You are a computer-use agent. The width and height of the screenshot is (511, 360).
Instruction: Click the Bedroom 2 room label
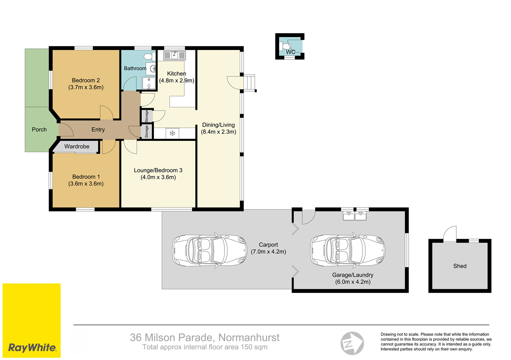point(86,80)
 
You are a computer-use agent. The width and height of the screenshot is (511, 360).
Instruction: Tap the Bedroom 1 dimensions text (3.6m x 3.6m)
point(86,184)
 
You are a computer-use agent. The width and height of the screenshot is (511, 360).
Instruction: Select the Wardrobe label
point(77,146)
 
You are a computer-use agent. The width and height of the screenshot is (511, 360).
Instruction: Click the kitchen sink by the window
point(174,56)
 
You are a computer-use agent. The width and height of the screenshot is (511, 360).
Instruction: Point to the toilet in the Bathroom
point(150,56)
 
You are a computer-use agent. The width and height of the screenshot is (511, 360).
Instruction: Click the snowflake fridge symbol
point(172,133)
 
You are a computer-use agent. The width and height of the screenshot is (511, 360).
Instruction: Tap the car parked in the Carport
point(210,250)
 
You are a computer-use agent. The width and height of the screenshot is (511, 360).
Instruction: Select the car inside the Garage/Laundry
point(347,250)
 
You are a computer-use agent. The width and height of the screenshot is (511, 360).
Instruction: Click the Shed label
point(460,266)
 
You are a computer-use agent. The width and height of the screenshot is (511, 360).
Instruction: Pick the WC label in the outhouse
point(290,52)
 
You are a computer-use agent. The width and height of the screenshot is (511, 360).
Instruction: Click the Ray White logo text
point(32,348)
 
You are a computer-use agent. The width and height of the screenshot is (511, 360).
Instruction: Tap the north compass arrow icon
point(352,343)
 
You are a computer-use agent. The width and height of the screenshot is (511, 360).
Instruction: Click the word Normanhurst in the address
point(249,338)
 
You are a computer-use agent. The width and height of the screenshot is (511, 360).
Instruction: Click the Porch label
point(39,129)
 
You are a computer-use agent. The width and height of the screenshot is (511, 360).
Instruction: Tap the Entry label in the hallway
point(98,129)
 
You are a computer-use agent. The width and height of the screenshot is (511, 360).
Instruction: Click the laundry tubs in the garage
point(355,216)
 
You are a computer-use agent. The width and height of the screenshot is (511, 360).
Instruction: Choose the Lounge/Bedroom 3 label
point(158,170)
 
